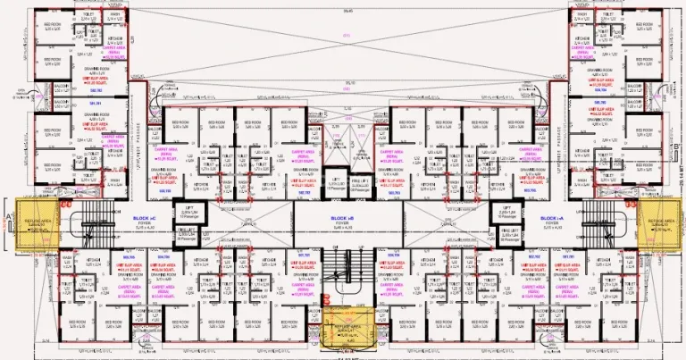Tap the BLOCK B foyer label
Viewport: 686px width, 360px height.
pyautogui.click(x=344, y=220)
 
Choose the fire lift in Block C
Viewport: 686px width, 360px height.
pyautogui.click(x=189, y=236)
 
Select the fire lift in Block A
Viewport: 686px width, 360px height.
pyautogui.click(x=506, y=236)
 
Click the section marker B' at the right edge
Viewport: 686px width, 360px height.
pyautogui.click(x=680, y=148)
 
